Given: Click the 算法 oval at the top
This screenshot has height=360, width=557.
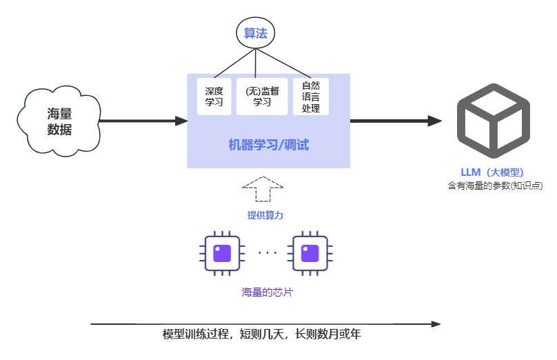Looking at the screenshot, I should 255,33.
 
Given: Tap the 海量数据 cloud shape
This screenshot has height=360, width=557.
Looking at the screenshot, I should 59,121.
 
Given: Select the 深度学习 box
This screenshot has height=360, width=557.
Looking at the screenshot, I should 214,96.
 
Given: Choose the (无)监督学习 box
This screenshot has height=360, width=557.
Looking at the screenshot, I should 261,96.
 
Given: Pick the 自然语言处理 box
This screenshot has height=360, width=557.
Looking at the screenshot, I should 310,96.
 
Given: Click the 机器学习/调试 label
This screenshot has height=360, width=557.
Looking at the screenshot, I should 268,145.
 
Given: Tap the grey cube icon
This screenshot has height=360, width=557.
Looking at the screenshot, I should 493,121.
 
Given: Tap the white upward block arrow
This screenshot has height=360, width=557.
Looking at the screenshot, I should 263,190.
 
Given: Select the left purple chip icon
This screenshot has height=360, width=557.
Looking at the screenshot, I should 222,253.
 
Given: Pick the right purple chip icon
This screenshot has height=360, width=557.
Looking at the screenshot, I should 310,253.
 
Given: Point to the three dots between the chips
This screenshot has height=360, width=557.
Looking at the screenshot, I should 267,253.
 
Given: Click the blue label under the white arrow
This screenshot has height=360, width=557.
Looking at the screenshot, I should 265,215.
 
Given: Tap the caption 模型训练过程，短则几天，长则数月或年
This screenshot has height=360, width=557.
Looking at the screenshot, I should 262,334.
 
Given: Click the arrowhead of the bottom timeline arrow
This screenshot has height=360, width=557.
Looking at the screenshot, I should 435,323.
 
